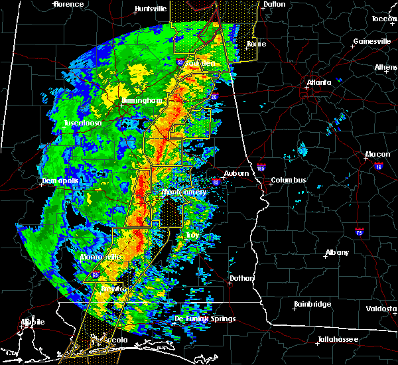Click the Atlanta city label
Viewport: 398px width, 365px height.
point(319,82)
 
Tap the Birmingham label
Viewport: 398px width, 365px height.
point(142,101)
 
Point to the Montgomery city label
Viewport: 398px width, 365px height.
point(184,192)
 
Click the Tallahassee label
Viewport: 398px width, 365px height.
point(337,339)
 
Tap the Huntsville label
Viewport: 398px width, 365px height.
point(151,9)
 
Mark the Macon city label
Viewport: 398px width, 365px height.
point(377,155)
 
